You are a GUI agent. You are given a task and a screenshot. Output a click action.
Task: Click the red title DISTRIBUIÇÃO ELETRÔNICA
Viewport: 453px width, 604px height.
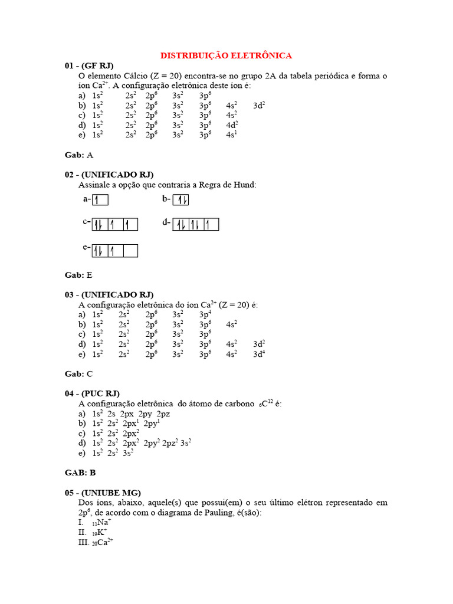coord(226,55)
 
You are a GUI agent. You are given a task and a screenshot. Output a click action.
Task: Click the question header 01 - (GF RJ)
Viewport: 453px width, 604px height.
coord(89,65)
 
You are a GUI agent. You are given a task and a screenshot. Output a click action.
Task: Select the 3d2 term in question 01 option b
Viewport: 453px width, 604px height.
coord(259,106)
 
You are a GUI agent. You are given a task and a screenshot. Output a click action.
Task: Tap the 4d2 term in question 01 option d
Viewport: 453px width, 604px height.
coord(231,125)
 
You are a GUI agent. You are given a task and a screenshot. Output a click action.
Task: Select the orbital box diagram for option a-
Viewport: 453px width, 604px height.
coord(100,200)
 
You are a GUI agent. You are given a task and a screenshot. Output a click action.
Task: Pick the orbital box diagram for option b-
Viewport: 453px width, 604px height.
coord(181,200)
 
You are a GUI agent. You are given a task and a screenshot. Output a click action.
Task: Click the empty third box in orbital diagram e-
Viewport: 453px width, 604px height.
coord(130,251)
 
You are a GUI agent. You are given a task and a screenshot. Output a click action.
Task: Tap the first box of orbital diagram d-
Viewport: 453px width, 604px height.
coord(180,224)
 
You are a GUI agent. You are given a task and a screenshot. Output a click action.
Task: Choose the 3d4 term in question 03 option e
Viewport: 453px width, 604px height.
coord(259,354)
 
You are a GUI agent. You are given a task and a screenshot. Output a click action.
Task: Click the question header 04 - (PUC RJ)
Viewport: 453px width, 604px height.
coord(93,393)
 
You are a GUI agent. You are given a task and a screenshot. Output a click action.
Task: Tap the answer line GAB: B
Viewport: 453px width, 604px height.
coord(80,472)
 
